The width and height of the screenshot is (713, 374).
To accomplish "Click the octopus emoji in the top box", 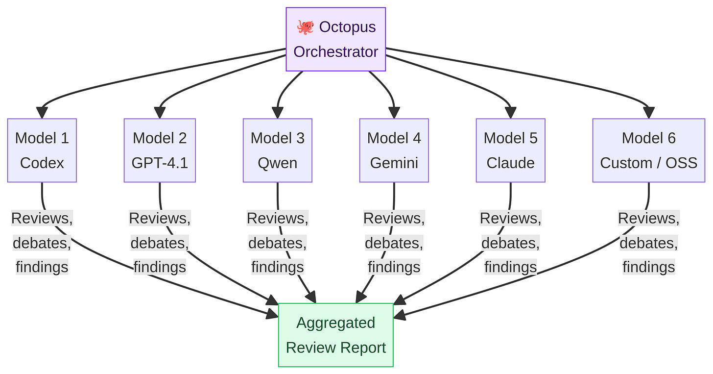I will coord(305,27).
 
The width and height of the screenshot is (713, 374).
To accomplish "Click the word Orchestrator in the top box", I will coord(336,51).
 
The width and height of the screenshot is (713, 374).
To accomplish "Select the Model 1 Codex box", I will coord(42,150).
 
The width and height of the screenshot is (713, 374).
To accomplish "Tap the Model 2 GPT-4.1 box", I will coord(160,150).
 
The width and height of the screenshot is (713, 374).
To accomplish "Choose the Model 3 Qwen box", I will coord(278,150).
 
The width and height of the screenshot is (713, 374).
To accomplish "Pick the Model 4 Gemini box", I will coord(394,150).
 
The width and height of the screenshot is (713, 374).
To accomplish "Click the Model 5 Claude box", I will coord(511,150).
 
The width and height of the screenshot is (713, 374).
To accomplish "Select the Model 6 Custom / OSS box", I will coord(649,150).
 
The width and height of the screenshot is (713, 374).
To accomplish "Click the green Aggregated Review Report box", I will coord(336,335).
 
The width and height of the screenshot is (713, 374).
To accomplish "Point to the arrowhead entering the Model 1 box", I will coord(42,113).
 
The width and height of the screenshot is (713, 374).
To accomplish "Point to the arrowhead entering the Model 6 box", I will coord(649,113).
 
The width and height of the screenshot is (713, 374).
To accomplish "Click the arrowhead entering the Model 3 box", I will coord(278,113).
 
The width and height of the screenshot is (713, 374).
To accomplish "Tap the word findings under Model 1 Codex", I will coord(42,267).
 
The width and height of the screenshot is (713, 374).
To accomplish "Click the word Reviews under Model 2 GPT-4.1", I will coord(160,218).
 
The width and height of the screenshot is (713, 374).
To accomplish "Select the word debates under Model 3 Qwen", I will coord(278,243).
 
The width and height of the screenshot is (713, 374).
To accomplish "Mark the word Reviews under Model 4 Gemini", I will coord(394,218).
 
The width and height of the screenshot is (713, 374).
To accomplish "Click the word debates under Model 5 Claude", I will coord(511,243).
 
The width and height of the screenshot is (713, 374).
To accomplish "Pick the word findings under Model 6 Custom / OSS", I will coord(649,267).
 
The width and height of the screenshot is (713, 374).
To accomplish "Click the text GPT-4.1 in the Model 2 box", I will coord(160,163).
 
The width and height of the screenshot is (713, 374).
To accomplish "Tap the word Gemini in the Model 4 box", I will coord(394,163).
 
